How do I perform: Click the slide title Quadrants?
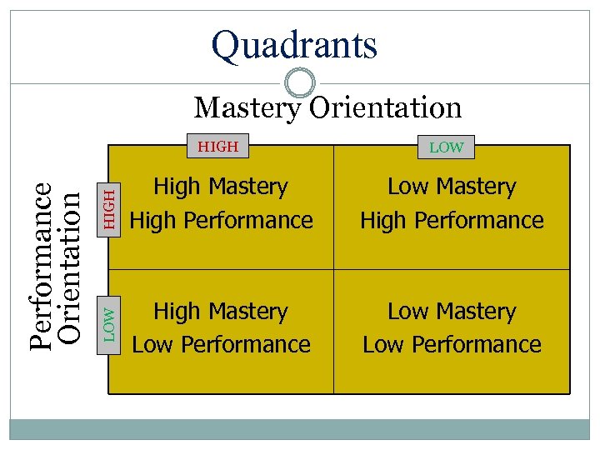(x=294, y=45)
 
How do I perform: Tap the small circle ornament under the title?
(x=300, y=83)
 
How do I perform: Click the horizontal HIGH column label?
(x=218, y=147)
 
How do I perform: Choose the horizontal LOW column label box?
(x=446, y=147)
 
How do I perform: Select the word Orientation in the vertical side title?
(x=71, y=267)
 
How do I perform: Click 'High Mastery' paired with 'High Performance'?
(x=221, y=187)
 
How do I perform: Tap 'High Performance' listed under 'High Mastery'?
(x=222, y=220)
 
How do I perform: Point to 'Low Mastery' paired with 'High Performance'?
(x=452, y=187)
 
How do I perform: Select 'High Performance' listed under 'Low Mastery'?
(x=452, y=220)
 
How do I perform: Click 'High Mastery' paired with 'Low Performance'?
(x=221, y=312)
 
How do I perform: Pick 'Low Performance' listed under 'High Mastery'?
(x=222, y=344)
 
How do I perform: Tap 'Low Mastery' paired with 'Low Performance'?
(x=452, y=312)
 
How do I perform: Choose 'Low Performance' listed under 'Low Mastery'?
(x=452, y=344)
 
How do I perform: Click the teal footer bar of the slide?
(x=299, y=428)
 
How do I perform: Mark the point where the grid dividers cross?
(x=333, y=269)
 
